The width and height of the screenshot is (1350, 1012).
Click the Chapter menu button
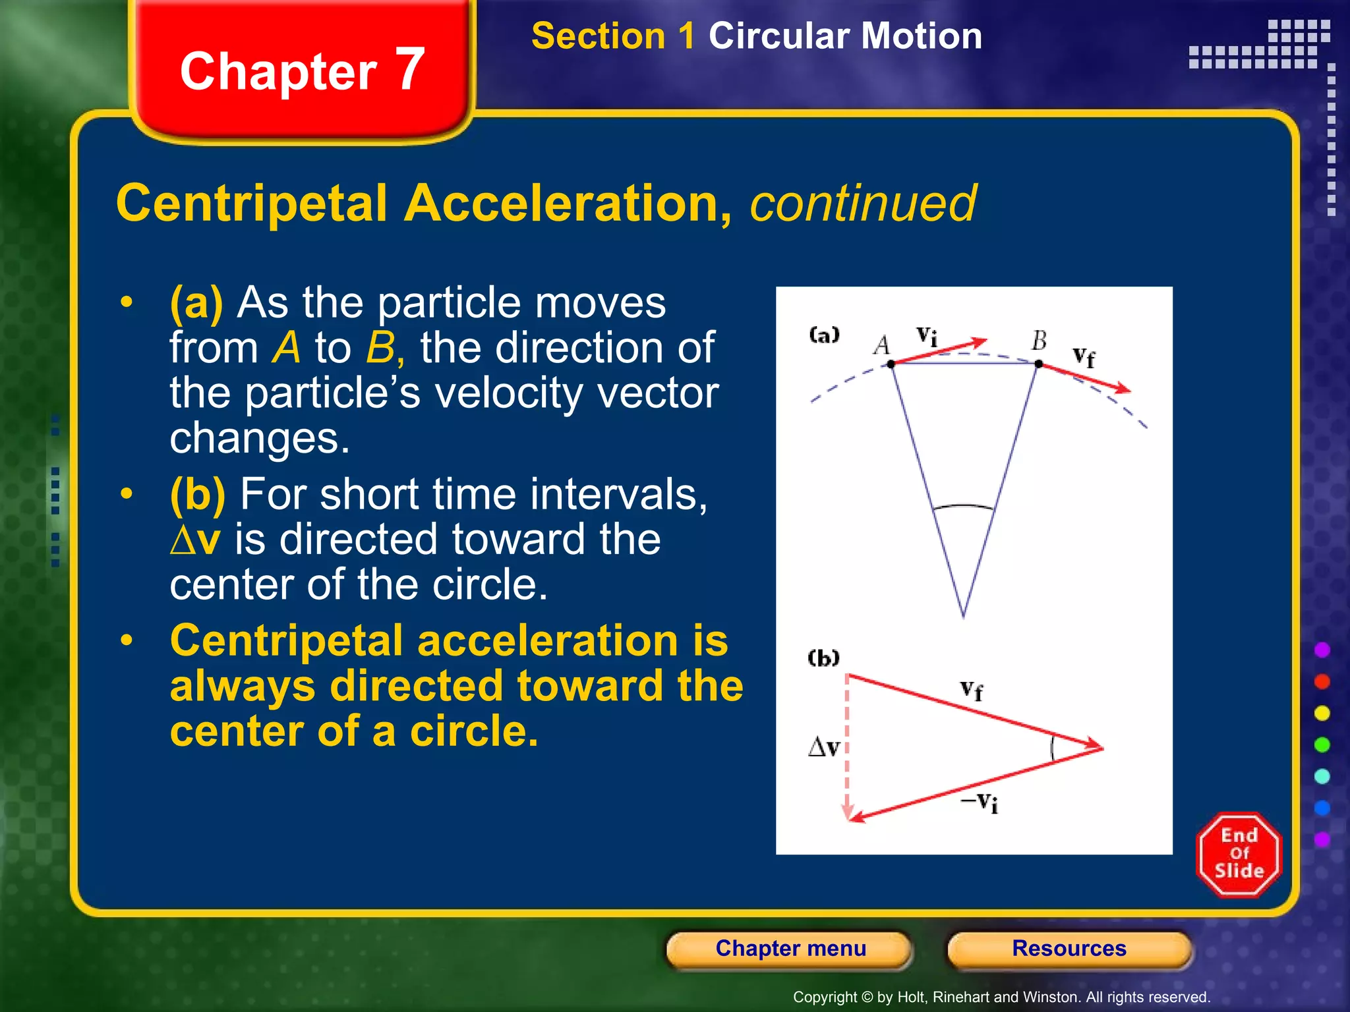[x=790, y=949]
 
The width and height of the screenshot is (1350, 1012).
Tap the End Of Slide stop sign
[x=1239, y=854]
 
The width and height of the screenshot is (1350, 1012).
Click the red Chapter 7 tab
[x=302, y=70]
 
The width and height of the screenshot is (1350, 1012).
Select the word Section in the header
[x=598, y=36]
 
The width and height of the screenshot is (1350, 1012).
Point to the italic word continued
[x=862, y=204]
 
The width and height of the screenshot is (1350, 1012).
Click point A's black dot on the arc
[x=891, y=364]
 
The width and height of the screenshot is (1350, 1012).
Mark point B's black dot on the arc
[x=1039, y=364]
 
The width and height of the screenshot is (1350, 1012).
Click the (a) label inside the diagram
[x=824, y=335]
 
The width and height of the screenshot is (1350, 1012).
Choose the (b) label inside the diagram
[x=823, y=658]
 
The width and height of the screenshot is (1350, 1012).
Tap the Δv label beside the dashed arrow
[x=824, y=747]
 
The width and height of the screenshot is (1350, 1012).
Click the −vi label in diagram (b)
[x=980, y=802]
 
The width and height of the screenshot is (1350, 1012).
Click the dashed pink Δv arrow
[x=848, y=751]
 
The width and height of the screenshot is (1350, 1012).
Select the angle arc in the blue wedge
[x=963, y=507]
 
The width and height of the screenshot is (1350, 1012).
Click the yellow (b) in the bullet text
[x=197, y=494]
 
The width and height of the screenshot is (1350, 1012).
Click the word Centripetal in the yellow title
[x=251, y=204]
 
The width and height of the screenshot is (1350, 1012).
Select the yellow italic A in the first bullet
[x=286, y=347]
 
